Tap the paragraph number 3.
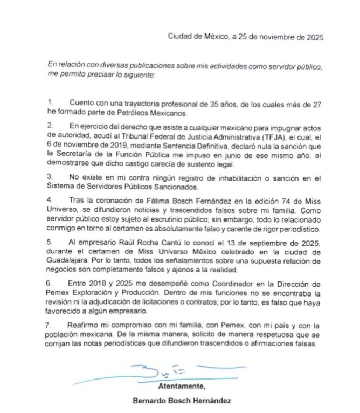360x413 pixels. pos(51,176)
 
